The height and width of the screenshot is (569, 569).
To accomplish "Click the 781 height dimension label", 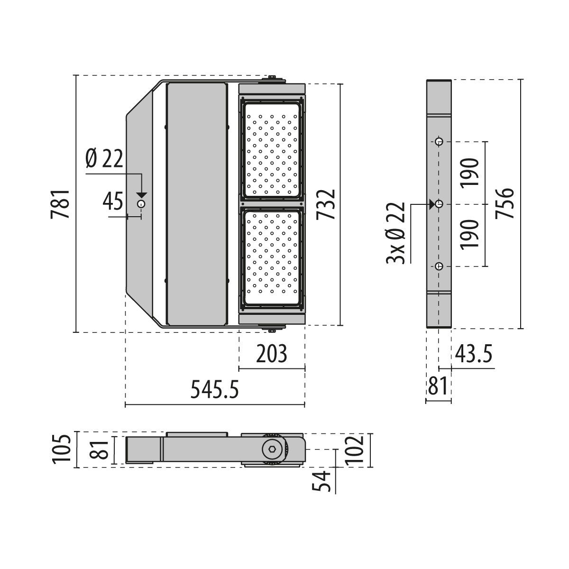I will [62, 204].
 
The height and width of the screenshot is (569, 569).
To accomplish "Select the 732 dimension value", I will [327, 204].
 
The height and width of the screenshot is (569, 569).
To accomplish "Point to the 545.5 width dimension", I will [214, 390].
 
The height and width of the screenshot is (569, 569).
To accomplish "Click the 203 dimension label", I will [271, 354].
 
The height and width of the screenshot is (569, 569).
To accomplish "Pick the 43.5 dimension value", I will [474, 354].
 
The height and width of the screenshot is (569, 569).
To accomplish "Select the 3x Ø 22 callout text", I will [396, 233].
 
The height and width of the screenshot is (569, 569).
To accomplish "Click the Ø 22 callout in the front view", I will [104, 158].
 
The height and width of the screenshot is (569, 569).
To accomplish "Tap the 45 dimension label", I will [113, 201].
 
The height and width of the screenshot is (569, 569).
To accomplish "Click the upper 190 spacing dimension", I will [470, 172].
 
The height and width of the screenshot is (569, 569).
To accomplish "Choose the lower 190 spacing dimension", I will [470, 234].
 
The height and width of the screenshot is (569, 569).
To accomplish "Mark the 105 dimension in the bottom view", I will [62, 449].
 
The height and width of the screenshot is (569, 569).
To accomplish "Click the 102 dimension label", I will [355, 449].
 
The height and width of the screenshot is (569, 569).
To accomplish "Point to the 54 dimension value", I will [322, 481].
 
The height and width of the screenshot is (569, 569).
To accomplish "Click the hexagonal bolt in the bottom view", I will [271, 449].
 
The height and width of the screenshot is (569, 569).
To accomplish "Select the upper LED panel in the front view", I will [272, 149].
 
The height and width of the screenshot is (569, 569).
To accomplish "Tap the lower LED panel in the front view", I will [272, 255].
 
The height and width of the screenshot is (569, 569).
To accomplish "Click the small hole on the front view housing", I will [141, 204].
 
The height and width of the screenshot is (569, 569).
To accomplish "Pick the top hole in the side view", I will [440, 141].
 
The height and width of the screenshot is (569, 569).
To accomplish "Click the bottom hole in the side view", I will [440, 266].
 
